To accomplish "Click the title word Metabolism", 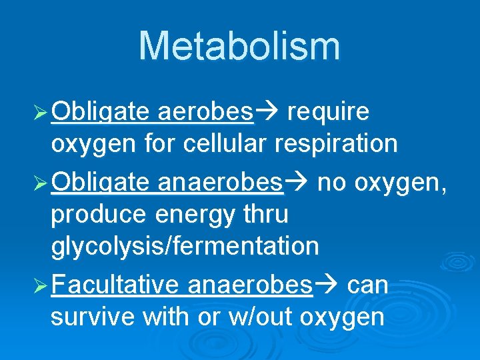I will [239, 46].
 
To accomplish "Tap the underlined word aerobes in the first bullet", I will [206, 112].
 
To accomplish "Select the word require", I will [327, 112].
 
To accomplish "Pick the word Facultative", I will [114, 285].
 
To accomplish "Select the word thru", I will [266, 214].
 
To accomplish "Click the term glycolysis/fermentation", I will [185, 247].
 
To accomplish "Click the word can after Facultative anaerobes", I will [368, 285].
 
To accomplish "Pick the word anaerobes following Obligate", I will [221, 183].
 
